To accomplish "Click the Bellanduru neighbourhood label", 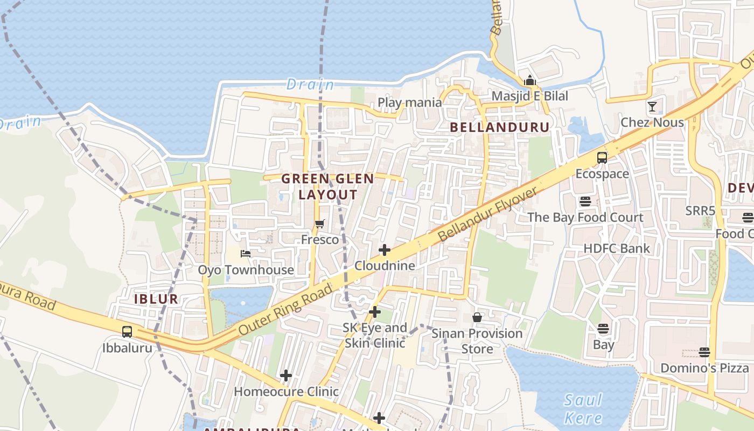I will tap(499, 127).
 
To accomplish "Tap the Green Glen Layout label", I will tap(327, 186).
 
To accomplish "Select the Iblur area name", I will tap(156, 299).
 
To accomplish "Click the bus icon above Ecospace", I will tap(602, 158).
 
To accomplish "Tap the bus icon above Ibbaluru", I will tap(127, 332).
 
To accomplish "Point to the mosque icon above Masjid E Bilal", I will tap(530, 80).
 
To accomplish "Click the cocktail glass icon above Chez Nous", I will tap(652, 106).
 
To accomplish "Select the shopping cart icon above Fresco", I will tap(320, 224).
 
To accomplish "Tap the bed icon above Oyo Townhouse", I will tap(246, 254).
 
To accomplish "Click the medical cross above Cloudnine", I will tap(385, 250).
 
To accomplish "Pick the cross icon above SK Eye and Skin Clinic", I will tap(375, 312).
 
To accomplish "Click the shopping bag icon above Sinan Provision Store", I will tap(477, 317).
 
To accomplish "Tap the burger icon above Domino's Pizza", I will tap(704, 352).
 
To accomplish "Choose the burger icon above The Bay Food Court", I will tap(585, 201).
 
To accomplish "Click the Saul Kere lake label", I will tap(583, 408).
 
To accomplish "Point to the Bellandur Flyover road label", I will tap(488, 214).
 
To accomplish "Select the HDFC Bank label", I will tap(617, 248).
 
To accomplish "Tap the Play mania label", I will tap(410, 102).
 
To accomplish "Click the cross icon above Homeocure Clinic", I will tap(286, 376).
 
